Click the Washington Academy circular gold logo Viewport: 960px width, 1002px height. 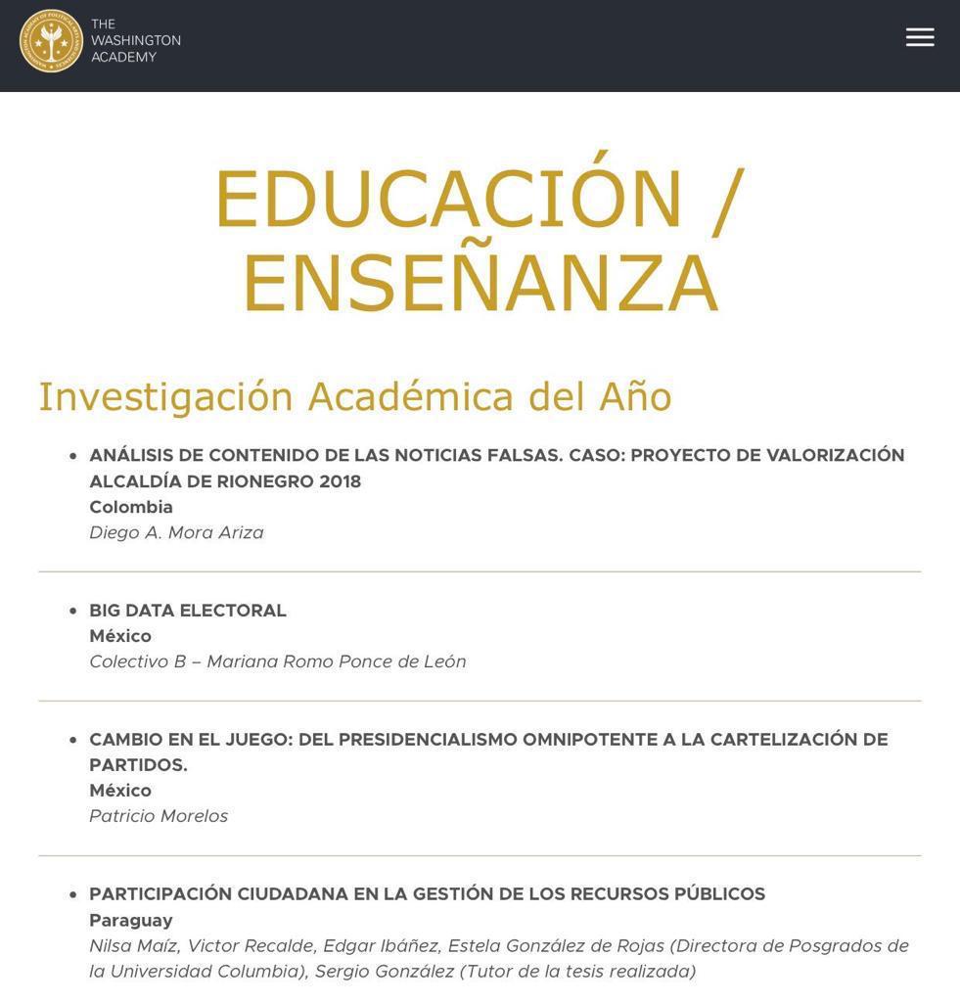51,41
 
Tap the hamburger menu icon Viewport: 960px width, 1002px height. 920,37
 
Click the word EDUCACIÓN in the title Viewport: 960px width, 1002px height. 448,200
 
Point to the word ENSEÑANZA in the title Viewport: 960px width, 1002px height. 480,284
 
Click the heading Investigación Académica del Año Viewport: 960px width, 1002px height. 355,396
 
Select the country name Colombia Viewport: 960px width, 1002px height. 131,507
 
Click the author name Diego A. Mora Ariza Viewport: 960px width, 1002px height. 176,532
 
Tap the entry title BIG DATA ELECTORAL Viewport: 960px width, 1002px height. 188,611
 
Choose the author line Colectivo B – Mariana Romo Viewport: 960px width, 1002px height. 277,661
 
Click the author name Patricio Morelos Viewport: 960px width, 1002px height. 159,816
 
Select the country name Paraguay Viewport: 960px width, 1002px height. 131,920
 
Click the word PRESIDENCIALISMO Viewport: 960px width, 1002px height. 407,740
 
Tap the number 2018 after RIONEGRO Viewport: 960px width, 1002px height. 340,481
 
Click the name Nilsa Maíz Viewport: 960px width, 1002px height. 132,945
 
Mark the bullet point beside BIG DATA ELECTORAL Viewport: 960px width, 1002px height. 72,611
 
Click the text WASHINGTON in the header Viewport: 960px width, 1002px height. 136,40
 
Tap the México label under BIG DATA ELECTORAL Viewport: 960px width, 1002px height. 120,636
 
